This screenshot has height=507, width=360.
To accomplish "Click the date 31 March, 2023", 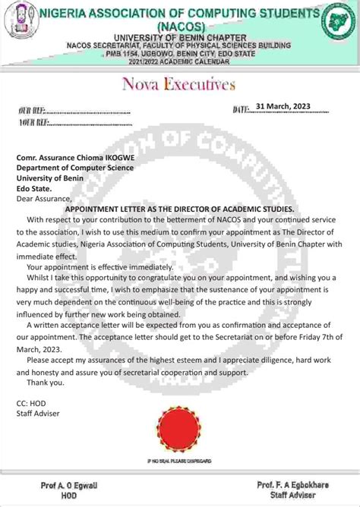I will (283, 106).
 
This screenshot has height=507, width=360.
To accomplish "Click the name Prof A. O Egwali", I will (65, 484).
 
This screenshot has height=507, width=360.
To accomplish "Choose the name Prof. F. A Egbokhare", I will (292, 484).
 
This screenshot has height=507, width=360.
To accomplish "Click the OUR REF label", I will (33, 112).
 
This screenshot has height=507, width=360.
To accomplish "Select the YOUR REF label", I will (35, 122).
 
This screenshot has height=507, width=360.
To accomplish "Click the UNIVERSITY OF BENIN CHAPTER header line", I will (179, 37).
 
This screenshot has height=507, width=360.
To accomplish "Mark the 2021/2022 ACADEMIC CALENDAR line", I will (179, 61).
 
